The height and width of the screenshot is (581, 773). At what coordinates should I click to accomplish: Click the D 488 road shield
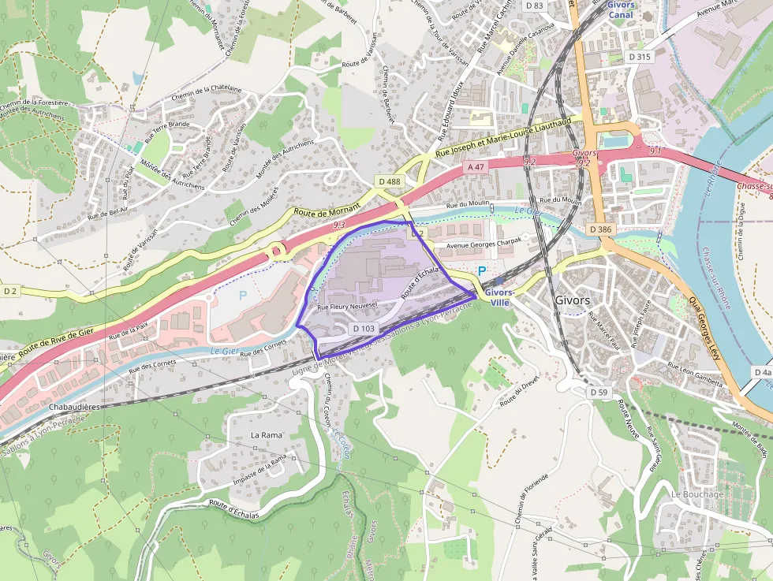390,182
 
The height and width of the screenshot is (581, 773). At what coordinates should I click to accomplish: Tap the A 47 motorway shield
475,167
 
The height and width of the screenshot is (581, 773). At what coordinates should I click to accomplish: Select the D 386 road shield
600,229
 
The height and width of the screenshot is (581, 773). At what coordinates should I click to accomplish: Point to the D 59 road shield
599,392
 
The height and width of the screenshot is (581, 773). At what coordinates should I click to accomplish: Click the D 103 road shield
364,328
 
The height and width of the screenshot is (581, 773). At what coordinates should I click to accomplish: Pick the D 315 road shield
640,57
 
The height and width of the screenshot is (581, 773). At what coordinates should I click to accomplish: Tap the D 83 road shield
534,6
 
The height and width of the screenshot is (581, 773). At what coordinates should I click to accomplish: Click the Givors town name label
573,300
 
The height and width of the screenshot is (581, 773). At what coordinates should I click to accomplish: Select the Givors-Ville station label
499,297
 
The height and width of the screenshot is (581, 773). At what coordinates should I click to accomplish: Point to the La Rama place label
266,434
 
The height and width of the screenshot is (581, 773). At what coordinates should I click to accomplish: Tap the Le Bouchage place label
696,494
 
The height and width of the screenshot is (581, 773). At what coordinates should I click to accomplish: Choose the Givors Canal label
621,9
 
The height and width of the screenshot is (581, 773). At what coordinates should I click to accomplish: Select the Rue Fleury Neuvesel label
347,307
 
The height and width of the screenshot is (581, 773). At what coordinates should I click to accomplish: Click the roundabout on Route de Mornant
278,251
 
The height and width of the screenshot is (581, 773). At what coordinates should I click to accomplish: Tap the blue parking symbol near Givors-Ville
481,272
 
